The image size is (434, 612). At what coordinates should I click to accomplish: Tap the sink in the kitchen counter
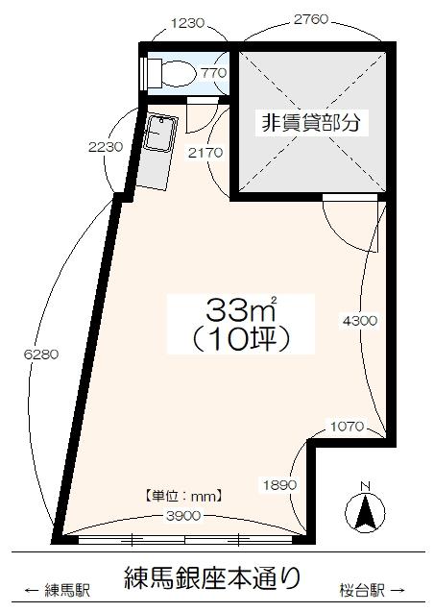tap(158, 134)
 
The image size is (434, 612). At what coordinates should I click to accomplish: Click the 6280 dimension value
tap(42, 354)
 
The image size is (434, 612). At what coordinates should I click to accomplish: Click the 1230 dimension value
tap(188, 20)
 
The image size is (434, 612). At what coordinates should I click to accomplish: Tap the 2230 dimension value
tap(104, 147)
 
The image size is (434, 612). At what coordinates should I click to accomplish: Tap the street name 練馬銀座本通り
tap(213, 577)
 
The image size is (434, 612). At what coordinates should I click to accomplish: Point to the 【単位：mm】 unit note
tap(183, 497)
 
